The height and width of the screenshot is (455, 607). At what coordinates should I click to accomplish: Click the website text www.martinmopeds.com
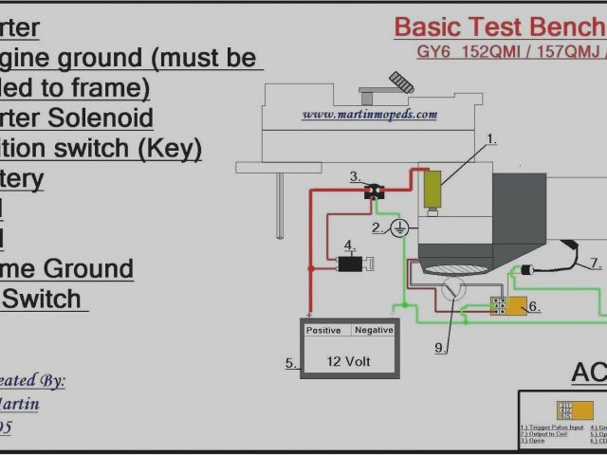pyautogui.click(x=370, y=115)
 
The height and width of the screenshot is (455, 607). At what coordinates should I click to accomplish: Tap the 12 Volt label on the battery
pyautogui.click(x=349, y=361)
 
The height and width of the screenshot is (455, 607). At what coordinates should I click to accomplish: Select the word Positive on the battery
pyautogui.click(x=324, y=330)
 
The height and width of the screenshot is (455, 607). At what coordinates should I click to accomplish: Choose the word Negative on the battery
pyautogui.click(x=373, y=330)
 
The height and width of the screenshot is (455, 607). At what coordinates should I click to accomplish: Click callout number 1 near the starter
pyautogui.click(x=491, y=139)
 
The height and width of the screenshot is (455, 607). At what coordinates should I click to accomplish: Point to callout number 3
pyautogui.click(x=354, y=177)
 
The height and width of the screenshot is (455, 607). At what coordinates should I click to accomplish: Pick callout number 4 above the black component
pyautogui.click(x=349, y=245)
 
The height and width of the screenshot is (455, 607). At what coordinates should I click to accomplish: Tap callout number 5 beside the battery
pyautogui.click(x=290, y=363)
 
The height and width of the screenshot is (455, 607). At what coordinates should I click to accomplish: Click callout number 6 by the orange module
pyautogui.click(x=533, y=306)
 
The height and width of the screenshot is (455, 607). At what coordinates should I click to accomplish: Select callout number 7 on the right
pyautogui.click(x=595, y=263)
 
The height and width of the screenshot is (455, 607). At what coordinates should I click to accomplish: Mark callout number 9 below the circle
pyautogui.click(x=440, y=348)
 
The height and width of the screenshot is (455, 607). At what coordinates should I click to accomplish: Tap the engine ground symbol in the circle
pyautogui.click(x=399, y=227)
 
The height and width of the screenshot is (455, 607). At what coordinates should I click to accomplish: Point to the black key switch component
pyautogui.click(x=350, y=264)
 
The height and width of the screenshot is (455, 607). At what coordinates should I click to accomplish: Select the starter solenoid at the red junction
pyautogui.click(x=376, y=191)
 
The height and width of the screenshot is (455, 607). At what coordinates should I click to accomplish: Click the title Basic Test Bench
pyautogui.click(x=499, y=27)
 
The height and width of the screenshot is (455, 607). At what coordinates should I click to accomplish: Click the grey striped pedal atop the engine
pyautogui.click(x=400, y=83)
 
